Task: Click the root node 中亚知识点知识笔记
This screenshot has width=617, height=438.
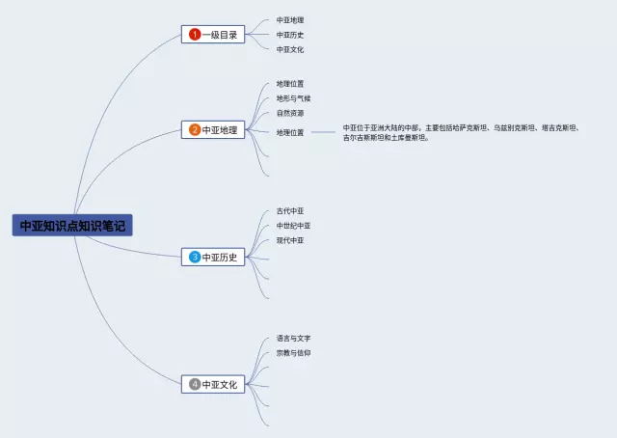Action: pyautogui.click(x=72, y=226)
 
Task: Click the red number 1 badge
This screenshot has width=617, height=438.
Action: pyautogui.click(x=195, y=35)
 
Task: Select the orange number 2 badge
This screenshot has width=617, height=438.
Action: pyautogui.click(x=195, y=129)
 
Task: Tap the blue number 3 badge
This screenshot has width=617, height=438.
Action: pyautogui.click(x=195, y=257)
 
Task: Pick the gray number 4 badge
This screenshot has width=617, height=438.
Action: pyautogui.click(x=195, y=384)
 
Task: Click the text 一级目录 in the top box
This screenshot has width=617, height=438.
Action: pyautogui.click(x=220, y=35)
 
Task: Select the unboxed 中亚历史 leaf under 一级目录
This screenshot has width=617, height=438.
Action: pyautogui.click(x=290, y=35)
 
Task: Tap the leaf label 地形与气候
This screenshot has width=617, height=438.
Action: pyautogui.click(x=293, y=98)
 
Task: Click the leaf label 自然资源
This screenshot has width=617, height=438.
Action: pyautogui.click(x=290, y=113)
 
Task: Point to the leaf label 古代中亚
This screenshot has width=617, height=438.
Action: pyautogui.click(x=290, y=210)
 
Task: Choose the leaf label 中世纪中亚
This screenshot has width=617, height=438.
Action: pyautogui.click(x=293, y=226)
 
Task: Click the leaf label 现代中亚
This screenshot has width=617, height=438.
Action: pyautogui.click(x=290, y=240)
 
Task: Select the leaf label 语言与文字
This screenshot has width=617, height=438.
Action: pyautogui.click(x=293, y=338)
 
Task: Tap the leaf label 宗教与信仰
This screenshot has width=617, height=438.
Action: pyautogui.click(x=293, y=353)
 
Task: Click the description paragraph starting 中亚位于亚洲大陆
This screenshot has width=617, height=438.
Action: pyautogui.click(x=461, y=133)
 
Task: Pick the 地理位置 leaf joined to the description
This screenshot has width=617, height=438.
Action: pyautogui.click(x=290, y=132)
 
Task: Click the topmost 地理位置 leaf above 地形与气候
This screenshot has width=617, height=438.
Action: pyautogui.click(x=290, y=84)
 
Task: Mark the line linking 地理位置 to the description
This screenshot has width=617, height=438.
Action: pyautogui.click(x=323, y=132)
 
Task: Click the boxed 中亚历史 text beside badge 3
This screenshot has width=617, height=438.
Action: pyautogui.click(x=220, y=258)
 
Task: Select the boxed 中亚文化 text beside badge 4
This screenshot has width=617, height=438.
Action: pyautogui.click(x=220, y=384)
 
